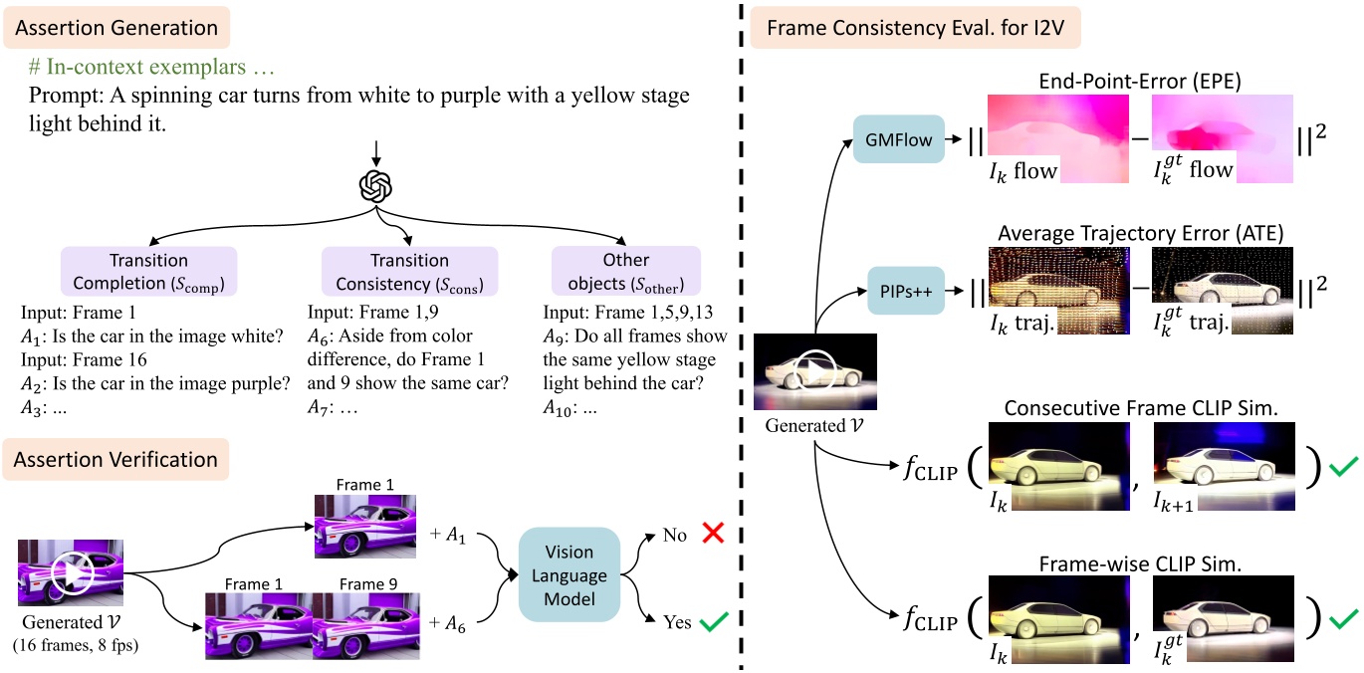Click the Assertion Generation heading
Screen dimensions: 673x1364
tap(117, 28)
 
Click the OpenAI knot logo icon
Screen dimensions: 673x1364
tap(375, 186)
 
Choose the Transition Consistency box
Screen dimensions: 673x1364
tap(409, 272)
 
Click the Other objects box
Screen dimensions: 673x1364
tap(626, 272)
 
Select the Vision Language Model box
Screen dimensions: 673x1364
tap(568, 575)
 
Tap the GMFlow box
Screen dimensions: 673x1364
tap(899, 140)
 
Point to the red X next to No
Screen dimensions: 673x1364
tap(711, 534)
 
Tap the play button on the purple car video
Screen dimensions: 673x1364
tap(73, 571)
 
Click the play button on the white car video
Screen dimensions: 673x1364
tap(814, 372)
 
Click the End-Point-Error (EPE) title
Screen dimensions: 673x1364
tap(1139, 81)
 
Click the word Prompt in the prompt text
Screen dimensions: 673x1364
tap(61, 98)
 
